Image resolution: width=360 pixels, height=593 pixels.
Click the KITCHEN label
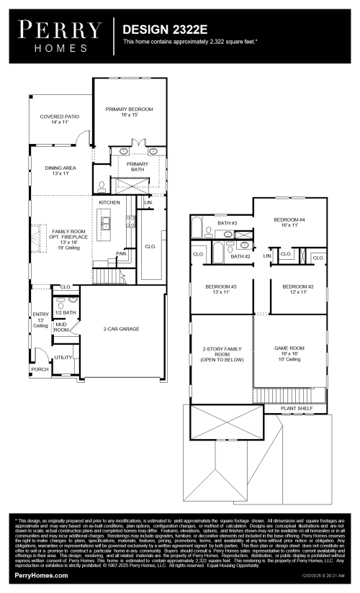(109, 203)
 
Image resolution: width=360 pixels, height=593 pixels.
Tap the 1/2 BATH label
(66, 312)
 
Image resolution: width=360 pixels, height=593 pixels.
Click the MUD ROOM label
(61, 327)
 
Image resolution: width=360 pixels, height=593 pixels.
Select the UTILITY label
(63, 357)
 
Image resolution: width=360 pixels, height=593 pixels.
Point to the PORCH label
(40, 369)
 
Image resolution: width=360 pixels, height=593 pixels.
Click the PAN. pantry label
(122, 253)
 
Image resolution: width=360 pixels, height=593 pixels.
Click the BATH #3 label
(227, 223)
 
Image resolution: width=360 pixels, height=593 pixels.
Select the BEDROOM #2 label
(294, 289)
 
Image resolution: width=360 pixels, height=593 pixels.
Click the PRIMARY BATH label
(137, 166)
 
